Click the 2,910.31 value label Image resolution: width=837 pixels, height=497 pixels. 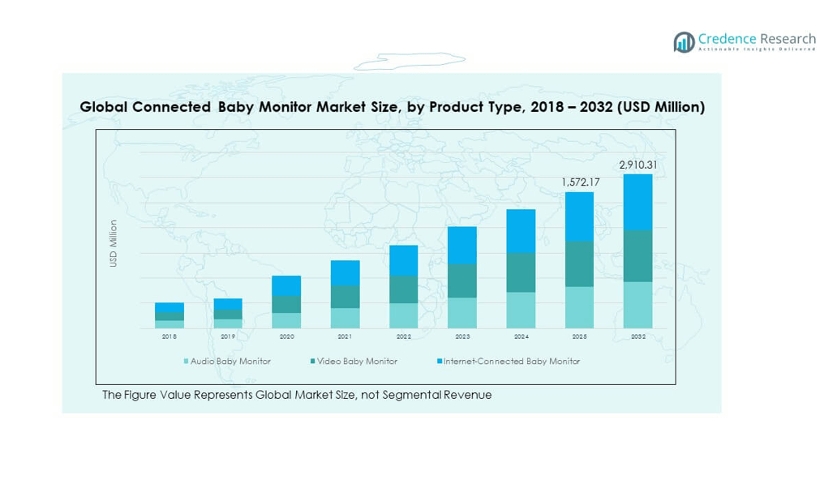click(637, 165)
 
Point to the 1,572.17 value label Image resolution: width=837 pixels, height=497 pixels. click(580, 182)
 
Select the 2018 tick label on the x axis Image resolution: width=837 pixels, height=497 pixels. click(170, 336)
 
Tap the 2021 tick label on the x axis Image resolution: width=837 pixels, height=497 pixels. click(345, 336)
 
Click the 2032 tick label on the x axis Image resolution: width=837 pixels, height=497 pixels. click(638, 336)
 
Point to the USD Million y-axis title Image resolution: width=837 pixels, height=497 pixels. click(114, 243)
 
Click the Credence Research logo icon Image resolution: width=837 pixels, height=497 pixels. click(684, 42)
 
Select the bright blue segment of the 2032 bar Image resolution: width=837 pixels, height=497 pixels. click(638, 202)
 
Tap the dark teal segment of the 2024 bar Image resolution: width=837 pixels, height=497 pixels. click(521, 272)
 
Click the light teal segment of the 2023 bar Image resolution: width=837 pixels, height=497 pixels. click(462, 313)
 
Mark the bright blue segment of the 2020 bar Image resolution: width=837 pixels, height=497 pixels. click(286, 285)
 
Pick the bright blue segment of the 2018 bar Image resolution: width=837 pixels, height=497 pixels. click(170, 308)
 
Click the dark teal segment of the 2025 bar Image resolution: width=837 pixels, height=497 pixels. click(579, 263)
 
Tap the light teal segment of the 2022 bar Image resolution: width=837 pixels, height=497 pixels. click(404, 315)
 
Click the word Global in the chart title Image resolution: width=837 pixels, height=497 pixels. click(101, 107)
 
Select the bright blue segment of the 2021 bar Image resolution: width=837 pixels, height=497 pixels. click(345, 272)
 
